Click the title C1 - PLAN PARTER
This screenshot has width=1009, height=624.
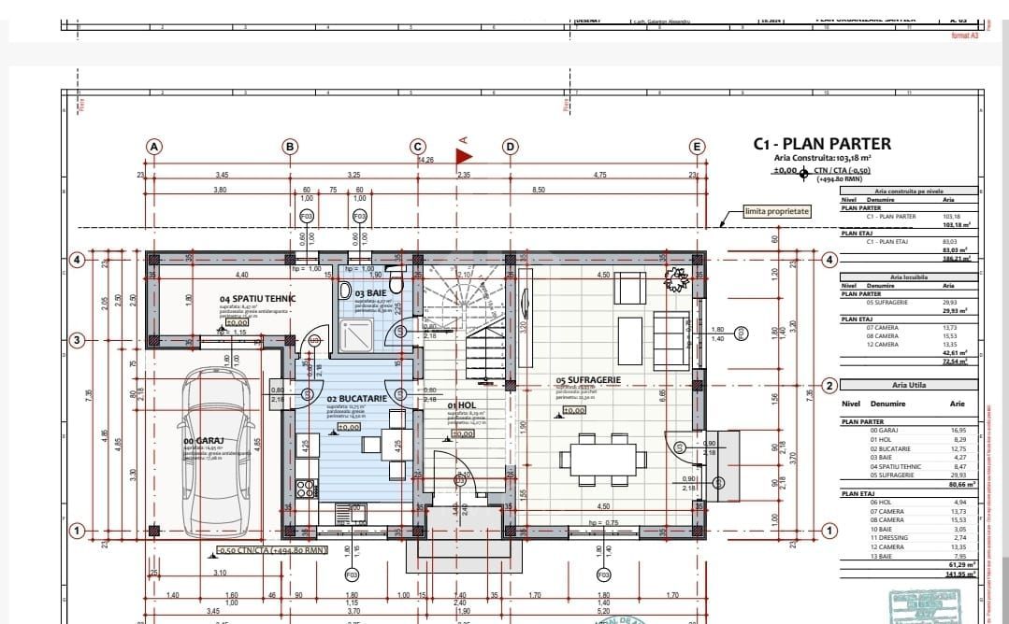click(x=822, y=144)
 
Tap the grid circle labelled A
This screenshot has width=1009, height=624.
click(x=154, y=147)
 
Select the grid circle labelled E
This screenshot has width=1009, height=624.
click(x=697, y=147)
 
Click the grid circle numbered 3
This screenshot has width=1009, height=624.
click(x=79, y=340)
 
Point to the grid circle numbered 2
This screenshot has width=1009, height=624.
click(x=829, y=385)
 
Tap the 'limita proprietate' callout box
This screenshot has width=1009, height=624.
click(x=777, y=212)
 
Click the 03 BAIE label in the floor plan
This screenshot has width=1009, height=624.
click(x=371, y=293)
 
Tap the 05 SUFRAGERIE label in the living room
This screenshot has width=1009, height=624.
click(x=588, y=380)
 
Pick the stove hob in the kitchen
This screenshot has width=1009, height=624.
click(x=305, y=488)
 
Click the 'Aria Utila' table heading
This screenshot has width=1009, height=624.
click(x=907, y=385)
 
